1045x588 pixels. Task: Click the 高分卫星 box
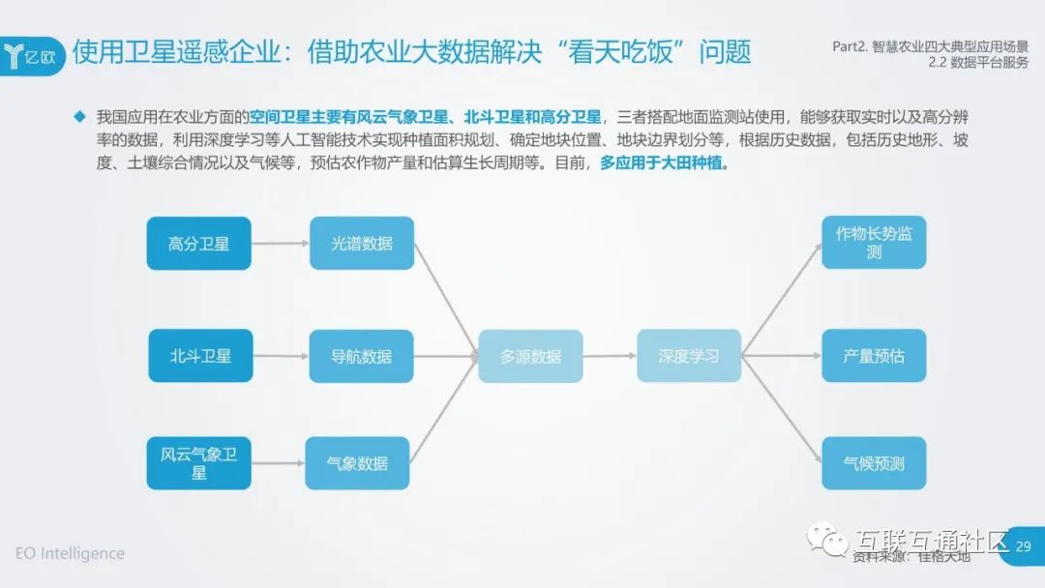point(198,243)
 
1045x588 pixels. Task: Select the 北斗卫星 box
point(200,356)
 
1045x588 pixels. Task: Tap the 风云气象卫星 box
point(198,463)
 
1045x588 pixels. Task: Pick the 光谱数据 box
point(362,243)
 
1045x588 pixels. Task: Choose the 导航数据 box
point(362,356)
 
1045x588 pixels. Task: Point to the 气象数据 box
point(358,463)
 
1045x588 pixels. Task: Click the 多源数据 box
point(530,356)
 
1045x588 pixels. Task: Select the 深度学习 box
point(689,356)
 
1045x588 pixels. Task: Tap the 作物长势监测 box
point(874,242)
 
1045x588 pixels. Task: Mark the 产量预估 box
point(874,356)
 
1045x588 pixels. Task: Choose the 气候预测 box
point(874,463)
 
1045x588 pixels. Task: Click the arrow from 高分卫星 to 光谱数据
point(280,244)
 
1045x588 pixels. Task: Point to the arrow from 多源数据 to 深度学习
point(610,356)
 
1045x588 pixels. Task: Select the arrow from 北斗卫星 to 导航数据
point(281,356)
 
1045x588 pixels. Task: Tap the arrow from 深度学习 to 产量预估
point(782,356)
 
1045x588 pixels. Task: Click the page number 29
point(1024,548)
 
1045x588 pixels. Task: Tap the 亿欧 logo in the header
point(35,54)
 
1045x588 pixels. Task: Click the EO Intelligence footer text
point(70,553)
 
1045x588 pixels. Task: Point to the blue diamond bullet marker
point(80,117)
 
